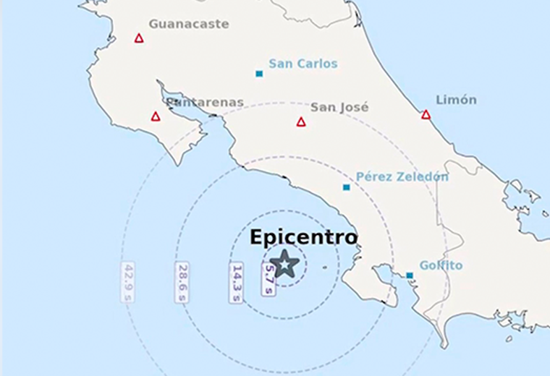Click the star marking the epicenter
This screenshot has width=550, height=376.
tap(286, 265)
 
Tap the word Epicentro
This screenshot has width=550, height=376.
tap(303, 237)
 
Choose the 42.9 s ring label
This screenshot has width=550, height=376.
tap(128, 282)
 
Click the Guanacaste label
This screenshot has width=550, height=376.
tap(189, 24)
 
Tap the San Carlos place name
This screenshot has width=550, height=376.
tap(302, 64)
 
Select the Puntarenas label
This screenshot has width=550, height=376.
tap(205, 103)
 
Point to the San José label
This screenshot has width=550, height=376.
tap(339, 107)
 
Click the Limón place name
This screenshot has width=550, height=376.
tap(456, 100)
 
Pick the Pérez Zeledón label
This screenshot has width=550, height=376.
tap(402, 177)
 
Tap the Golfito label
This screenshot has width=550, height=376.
tap(441, 265)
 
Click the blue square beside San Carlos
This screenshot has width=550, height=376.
tap(259, 74)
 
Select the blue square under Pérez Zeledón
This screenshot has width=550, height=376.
tap(346, 187)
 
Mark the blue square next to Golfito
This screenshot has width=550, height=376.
tap(410, 275)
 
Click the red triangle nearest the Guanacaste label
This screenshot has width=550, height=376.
tap(139, 38)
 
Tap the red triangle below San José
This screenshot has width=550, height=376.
tap(301, 122)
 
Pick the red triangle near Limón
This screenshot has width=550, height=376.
tap(426, 115)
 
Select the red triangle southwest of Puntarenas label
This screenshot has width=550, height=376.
tap(156, 116)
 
